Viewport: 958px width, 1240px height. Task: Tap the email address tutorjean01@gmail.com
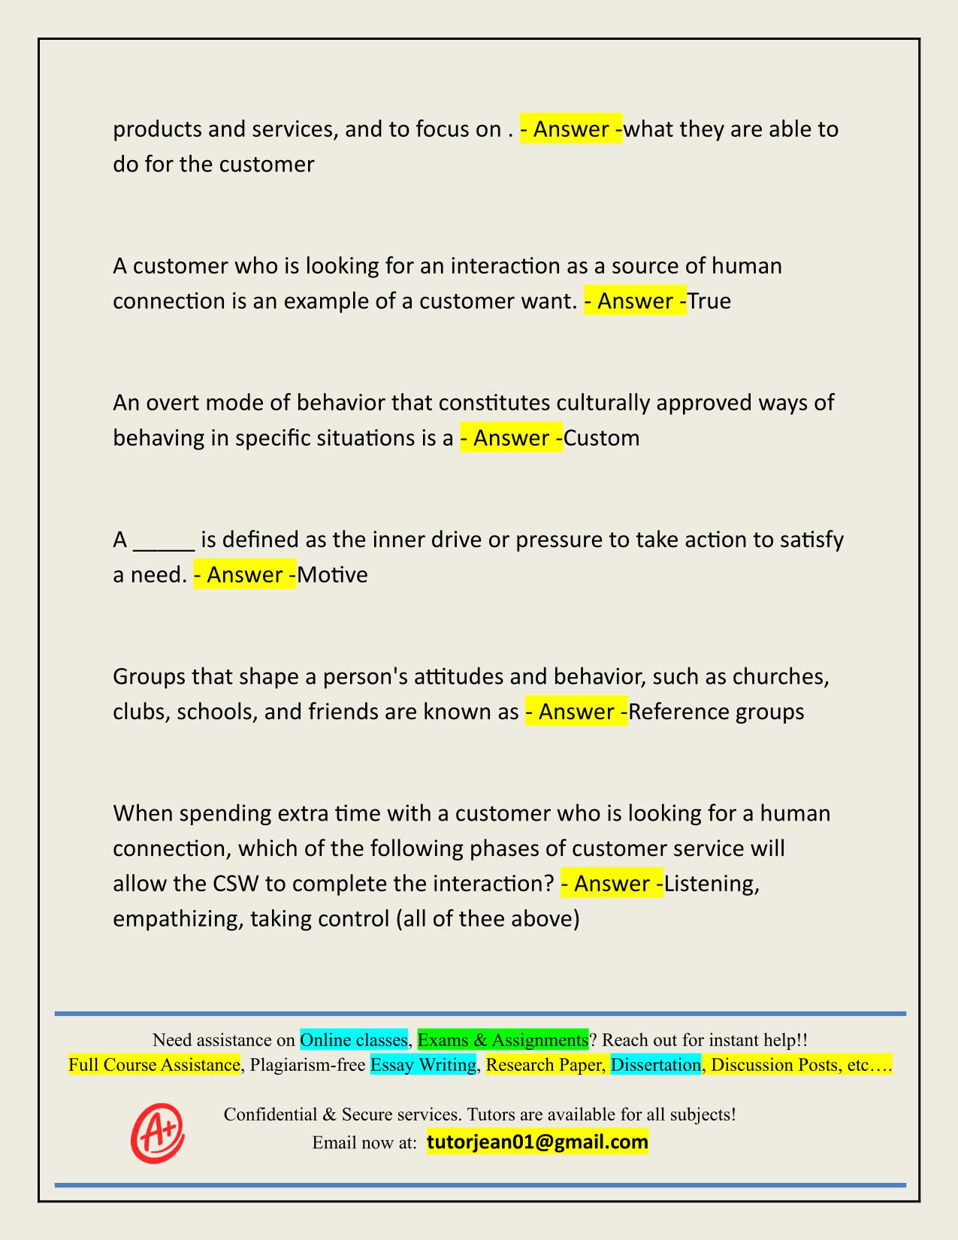[537, 1142]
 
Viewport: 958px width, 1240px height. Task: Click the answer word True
[709, 301]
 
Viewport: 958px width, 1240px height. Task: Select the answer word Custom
[602, 438]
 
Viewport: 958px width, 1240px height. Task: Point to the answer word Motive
[333, 575]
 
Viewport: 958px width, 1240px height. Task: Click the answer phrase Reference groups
[716, 712]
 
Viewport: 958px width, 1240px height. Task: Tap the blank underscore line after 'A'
[165, 541]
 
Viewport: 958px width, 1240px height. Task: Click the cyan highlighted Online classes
[354, 1040]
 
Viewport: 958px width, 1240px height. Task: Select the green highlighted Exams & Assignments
[503, 1040]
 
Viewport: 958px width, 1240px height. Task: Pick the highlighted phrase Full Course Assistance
[154, 1065]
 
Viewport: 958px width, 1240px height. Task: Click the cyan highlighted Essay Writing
[424, 1065]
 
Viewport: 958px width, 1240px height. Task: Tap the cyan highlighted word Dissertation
[655, 1065]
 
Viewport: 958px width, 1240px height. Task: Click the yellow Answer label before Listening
[612, 883]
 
